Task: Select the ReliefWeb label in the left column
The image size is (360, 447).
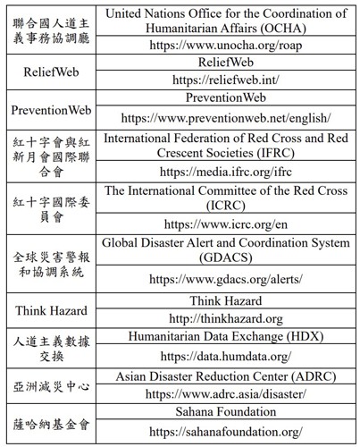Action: [x=50, y=72]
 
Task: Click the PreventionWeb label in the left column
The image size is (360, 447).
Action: [x=50, y=109]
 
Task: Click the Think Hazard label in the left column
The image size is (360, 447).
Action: [x=50, y=310]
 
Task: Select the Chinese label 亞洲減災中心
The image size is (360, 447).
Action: [x=50, y=384]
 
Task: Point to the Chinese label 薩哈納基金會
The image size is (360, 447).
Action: [x=50, y=421]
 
